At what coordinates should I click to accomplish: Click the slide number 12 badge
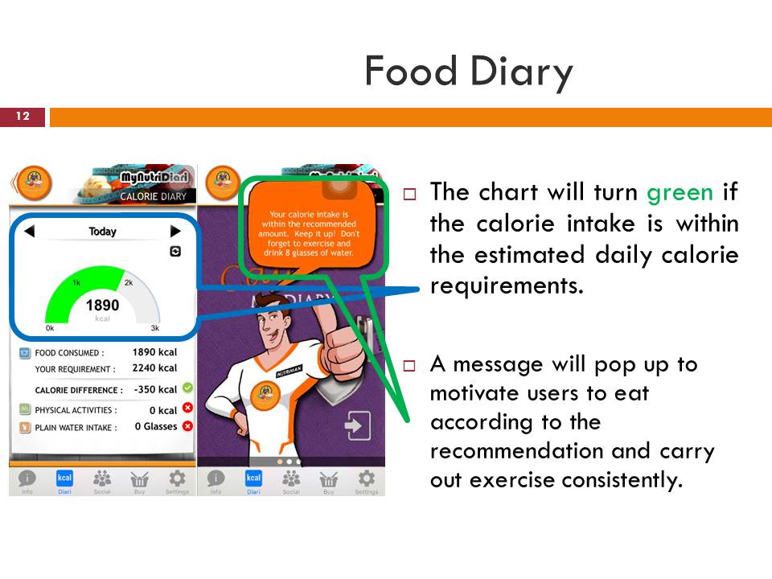point(23,117)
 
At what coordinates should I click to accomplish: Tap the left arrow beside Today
point(29,232)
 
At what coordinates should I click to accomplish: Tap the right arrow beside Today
point(176,232)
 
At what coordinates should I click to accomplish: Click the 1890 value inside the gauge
point(102,306)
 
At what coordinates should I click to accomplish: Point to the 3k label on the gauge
point(155,329)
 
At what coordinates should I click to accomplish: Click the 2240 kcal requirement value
point(154,368)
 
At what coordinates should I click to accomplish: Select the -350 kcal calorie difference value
point(154,390)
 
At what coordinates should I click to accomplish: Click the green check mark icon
point(187,388)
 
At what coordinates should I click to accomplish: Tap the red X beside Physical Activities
point(187,409)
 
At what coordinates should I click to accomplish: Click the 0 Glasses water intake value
point(155,427)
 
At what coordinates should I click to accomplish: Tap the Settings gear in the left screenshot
point(177,480)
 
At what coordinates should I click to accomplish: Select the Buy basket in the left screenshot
point(139,480)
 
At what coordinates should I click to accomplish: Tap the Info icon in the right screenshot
point(216,480)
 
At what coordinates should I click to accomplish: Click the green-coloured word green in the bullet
point(680,192)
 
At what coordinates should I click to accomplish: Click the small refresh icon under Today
point(175,252)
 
